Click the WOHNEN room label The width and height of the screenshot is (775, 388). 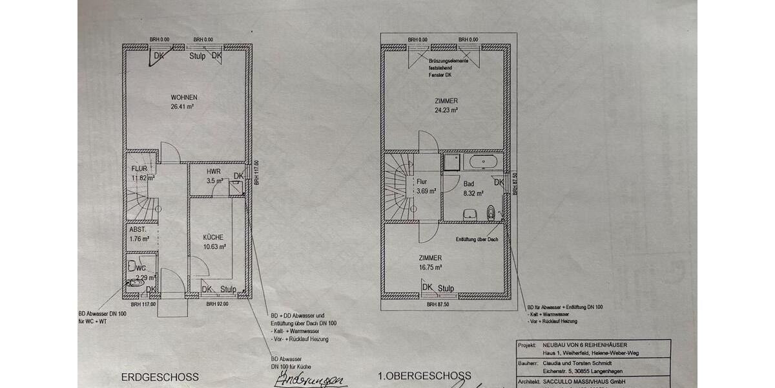click(x=183, y=98)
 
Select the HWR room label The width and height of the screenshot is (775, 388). click(x=214, y=172)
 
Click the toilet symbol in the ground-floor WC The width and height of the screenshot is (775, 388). click(x=136, y=283)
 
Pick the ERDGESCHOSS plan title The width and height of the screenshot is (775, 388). click(x=160, y=376)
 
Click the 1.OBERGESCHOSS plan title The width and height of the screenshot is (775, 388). click(x=424, y=376)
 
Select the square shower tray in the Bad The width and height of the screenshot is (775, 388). click(x=451, y=161)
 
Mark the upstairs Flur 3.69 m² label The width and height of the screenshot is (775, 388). click(x=426, y=187)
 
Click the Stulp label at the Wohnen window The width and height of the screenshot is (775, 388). click(x=198, y=56)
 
